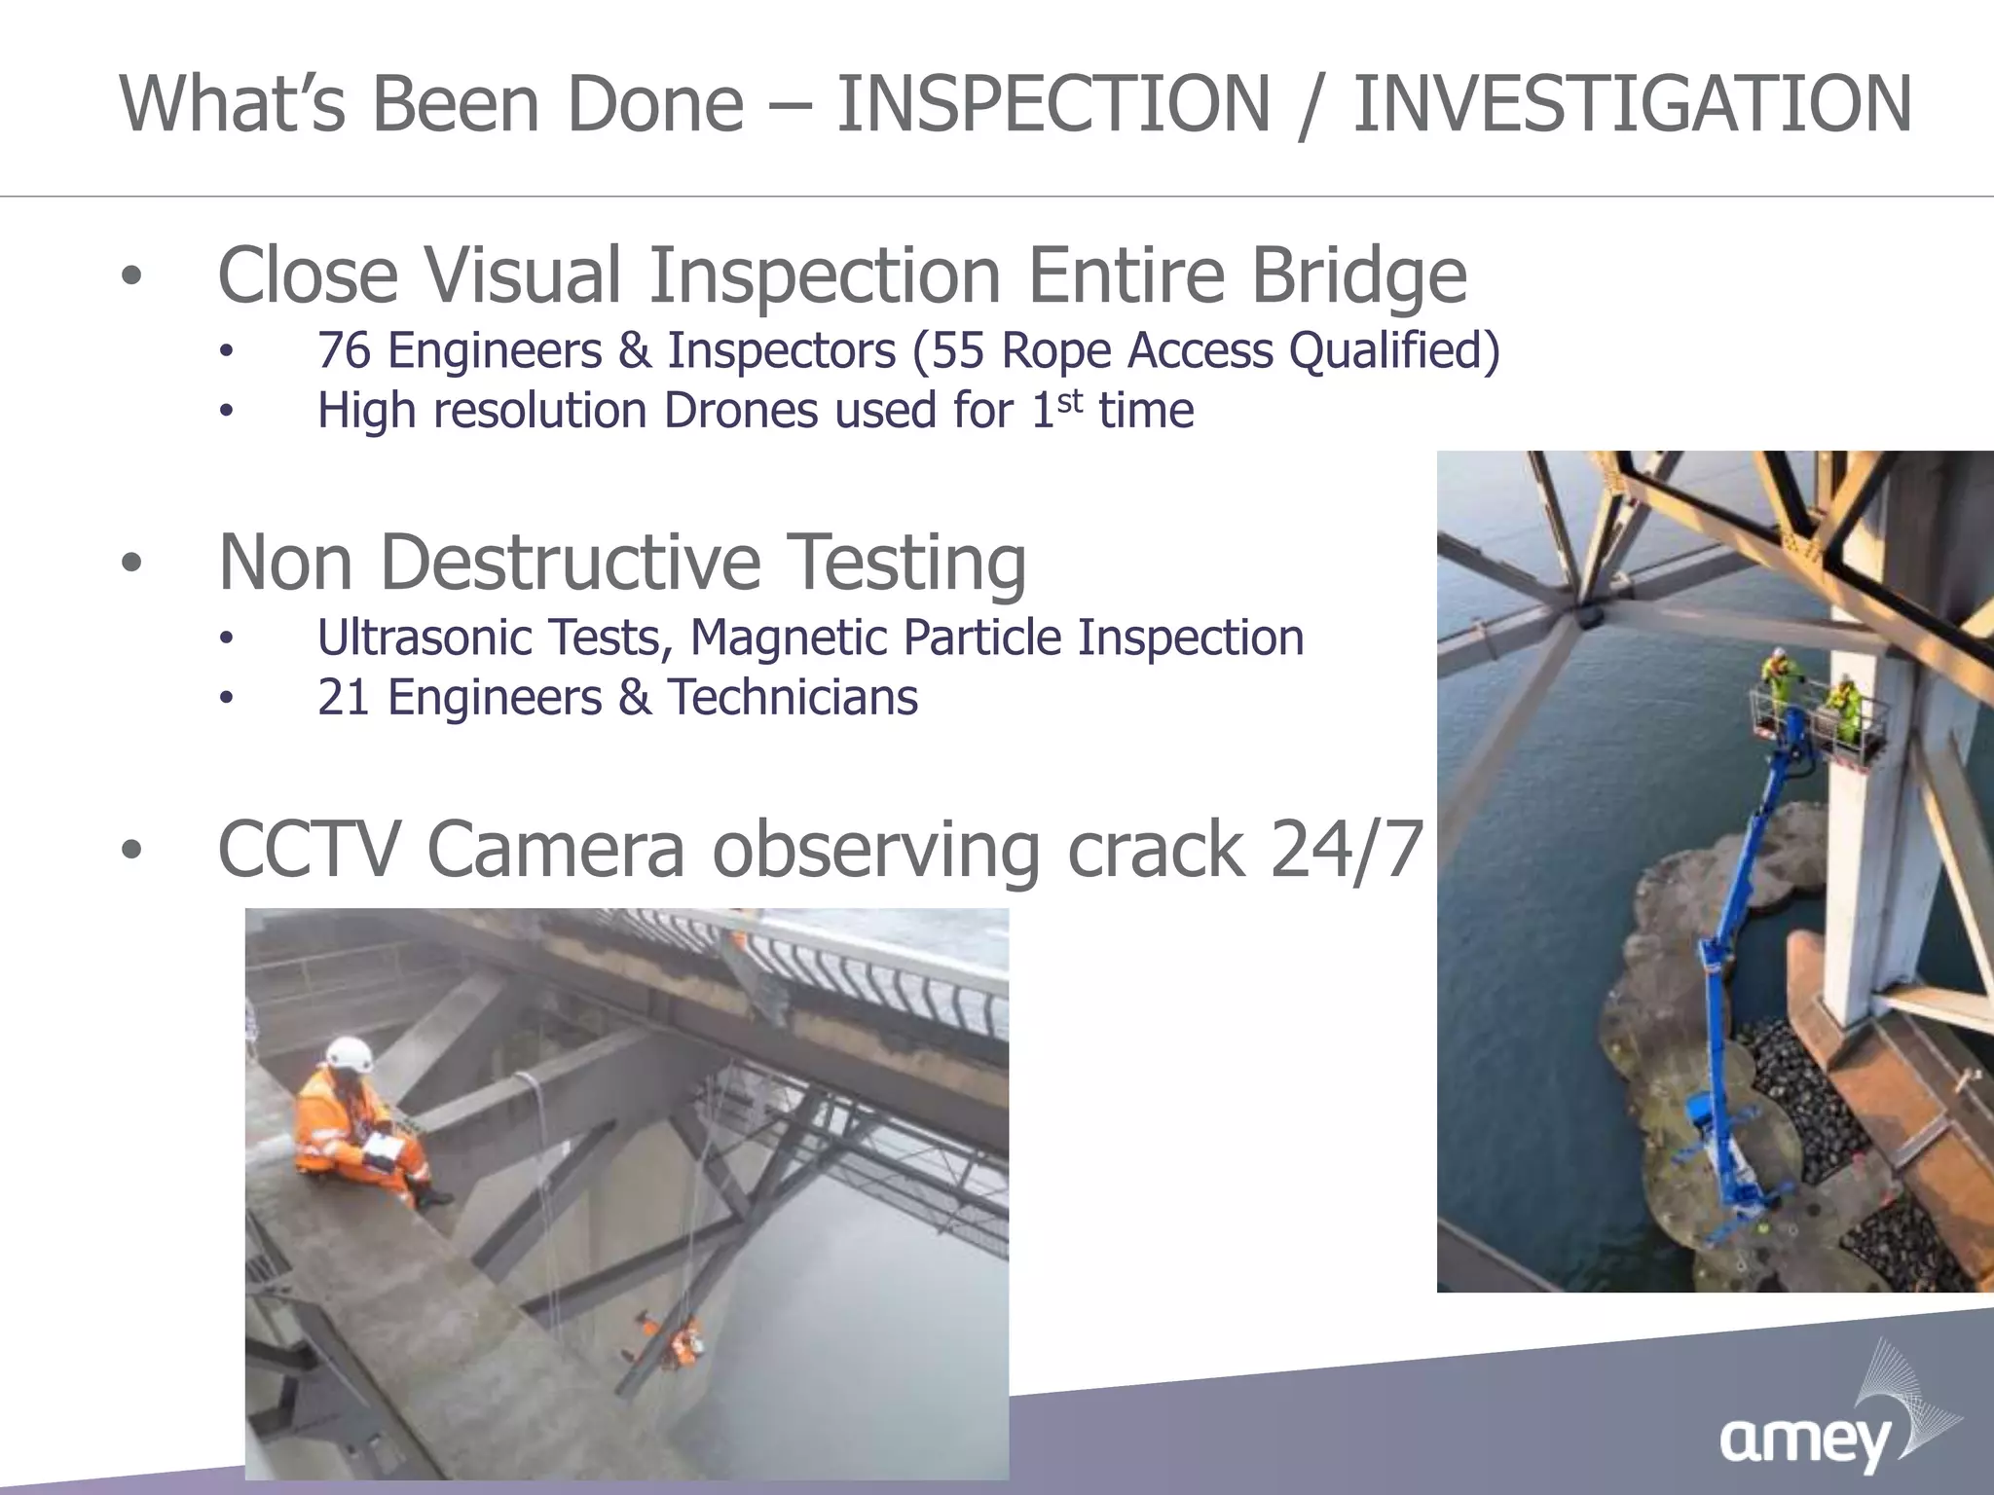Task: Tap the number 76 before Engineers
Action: [x=344, y=350]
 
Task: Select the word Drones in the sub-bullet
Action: [x=740, y=410]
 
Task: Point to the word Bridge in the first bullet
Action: [x=1358, y=275]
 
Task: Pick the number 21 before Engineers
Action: [x=343, y=698]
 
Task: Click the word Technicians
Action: [x=792, y=698]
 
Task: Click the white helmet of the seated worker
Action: [x=349, y=1053]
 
